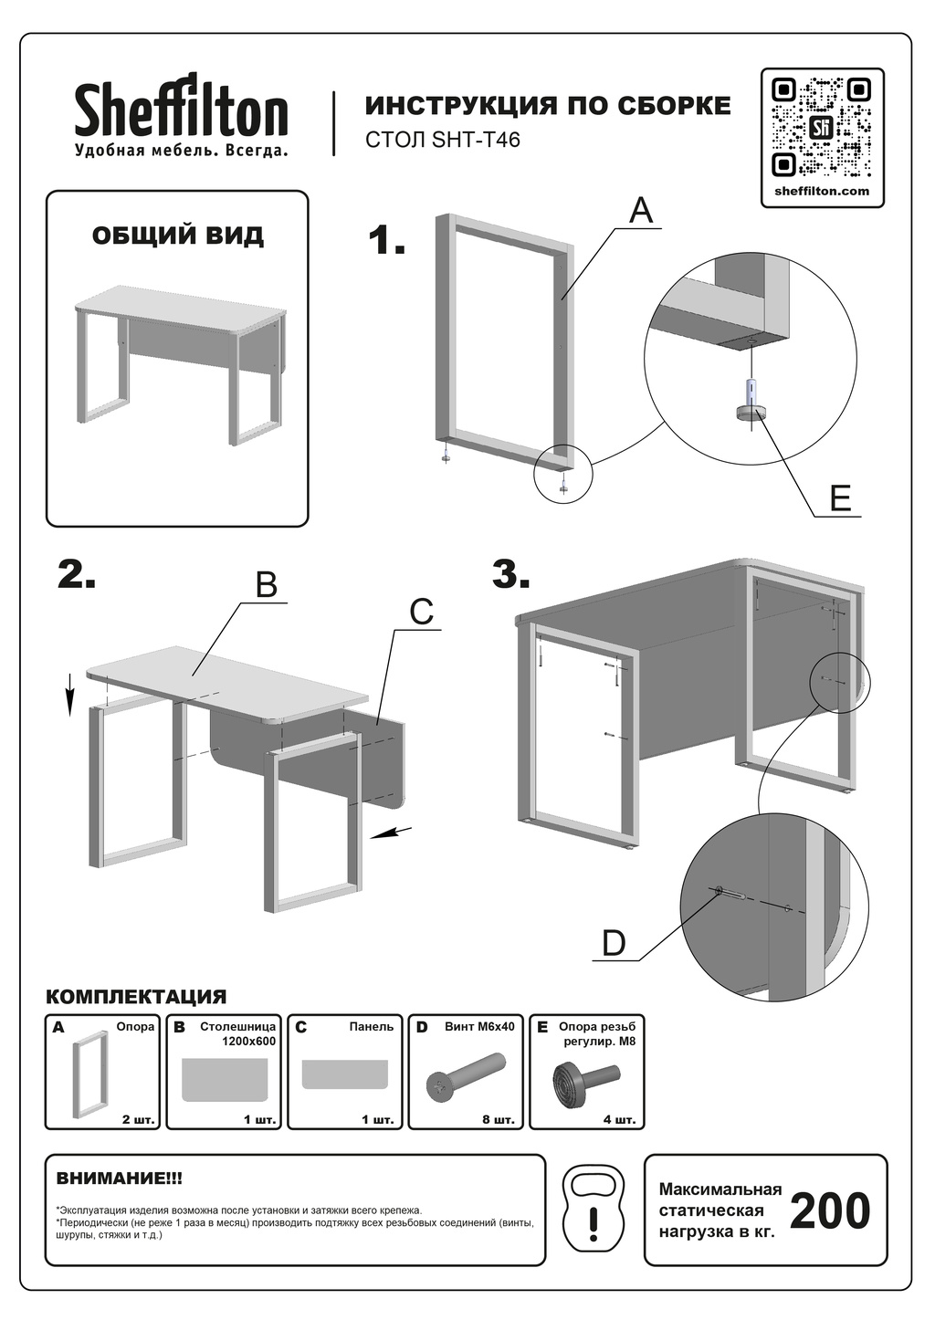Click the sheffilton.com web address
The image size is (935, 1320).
822,191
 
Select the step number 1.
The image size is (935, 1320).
386,241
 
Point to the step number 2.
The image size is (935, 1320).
77,574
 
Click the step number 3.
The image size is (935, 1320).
510,574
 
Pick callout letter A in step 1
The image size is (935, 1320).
642,211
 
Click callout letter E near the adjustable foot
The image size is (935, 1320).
840,498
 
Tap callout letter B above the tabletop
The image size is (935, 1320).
266,584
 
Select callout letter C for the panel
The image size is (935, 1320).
421,612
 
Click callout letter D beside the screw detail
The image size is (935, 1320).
614,943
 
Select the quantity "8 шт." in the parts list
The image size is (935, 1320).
499,1119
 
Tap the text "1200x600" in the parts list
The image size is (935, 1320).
249,1041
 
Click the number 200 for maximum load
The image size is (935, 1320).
829,1211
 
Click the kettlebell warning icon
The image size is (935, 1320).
594,1210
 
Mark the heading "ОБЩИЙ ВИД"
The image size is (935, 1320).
178,236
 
